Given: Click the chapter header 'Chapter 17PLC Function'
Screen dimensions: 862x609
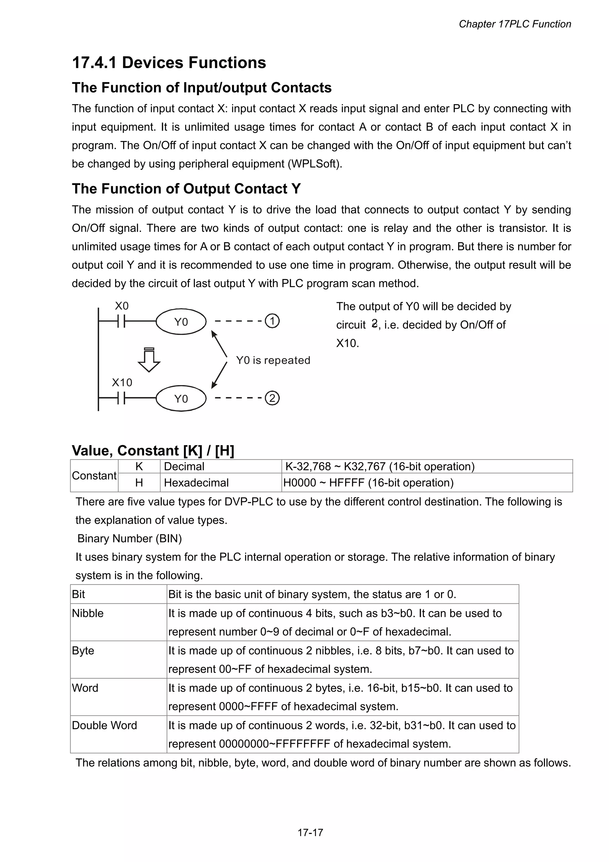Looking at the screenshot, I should click(x=514, y=24).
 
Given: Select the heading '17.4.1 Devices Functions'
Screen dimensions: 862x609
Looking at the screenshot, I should click(x=169, y=63).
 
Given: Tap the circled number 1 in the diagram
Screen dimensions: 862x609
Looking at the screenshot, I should click(x=272, y=321).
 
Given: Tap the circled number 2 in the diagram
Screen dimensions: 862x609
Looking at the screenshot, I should click(x=272, y=398).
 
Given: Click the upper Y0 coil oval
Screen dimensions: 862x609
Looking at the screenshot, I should click(x=181, y=322).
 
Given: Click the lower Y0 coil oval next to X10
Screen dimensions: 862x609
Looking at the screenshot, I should click(x=181, y=398).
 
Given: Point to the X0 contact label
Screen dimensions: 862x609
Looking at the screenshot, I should click(x=122, y=306).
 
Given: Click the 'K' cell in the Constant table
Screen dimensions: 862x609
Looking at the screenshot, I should click(x=139, y=466).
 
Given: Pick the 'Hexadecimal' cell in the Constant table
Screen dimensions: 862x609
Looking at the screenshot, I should click(x=196, y=482).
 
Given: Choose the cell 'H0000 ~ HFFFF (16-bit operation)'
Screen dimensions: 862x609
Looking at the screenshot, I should click(x=368, y=482).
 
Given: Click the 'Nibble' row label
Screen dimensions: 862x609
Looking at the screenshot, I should click(x=88, y=613).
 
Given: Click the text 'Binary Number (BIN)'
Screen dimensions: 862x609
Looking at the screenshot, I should click(x=129, y=538).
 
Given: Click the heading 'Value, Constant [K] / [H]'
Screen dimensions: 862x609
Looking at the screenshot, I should click(x=153, y=450).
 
